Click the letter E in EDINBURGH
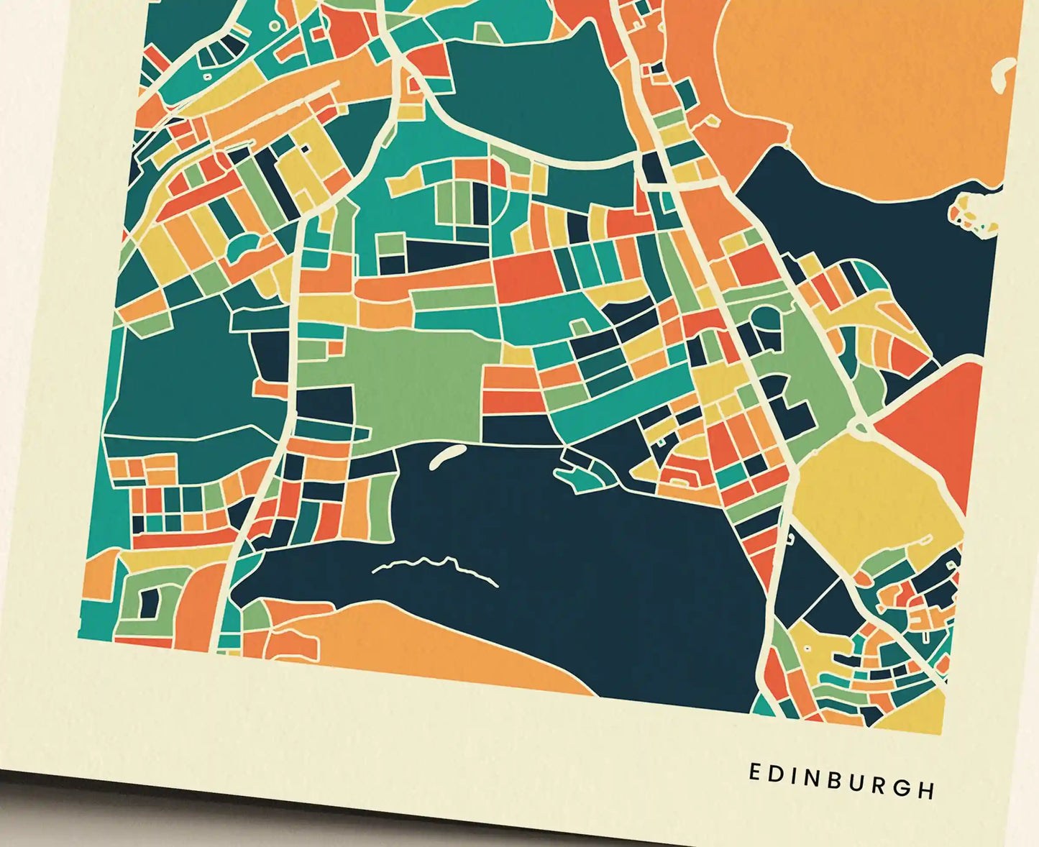click(x=755, y=772)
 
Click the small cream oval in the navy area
click(x=447, y=456)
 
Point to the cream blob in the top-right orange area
click(x=1001, y=75)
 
